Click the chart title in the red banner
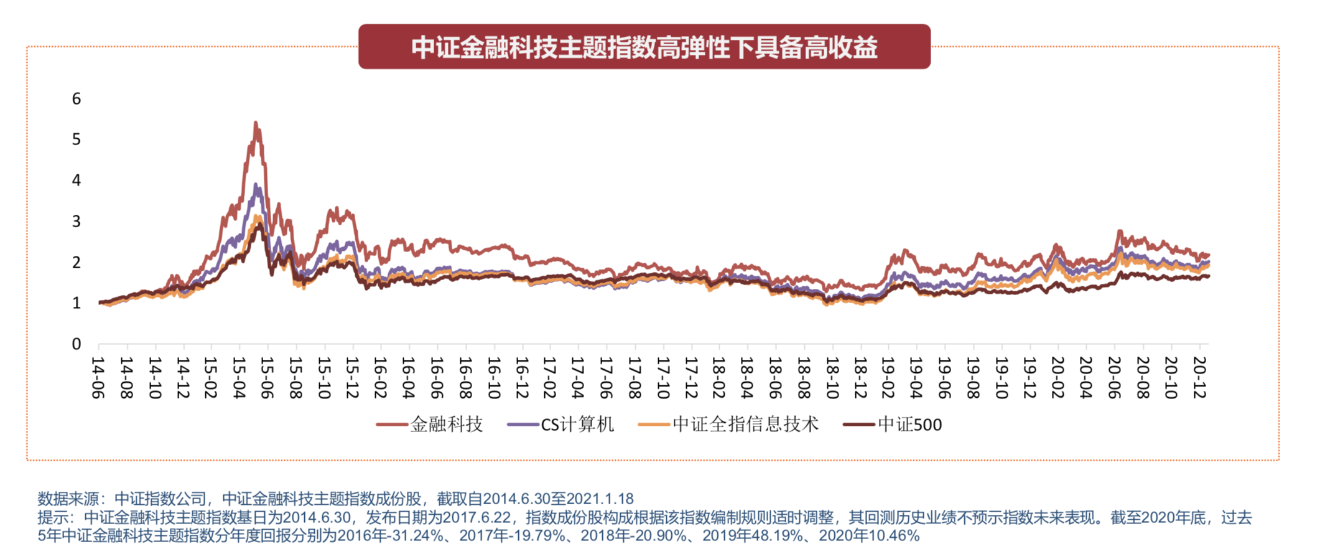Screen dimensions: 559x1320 coord(644,47)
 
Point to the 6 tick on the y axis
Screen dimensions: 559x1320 coord(77,98)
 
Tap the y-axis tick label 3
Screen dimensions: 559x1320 coord(77,221)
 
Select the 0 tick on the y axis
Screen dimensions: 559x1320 coord(77,344)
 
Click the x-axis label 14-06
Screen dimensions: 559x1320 coord(98,377)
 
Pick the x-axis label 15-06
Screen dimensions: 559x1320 coord(267,377)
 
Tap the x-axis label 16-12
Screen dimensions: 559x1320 coord(522,377)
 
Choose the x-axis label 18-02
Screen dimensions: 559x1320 coord(720,377)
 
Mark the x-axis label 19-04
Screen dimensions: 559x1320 coord(917,377)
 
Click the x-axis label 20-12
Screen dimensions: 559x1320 coord(1199,377)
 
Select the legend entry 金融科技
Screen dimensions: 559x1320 coord(446,425)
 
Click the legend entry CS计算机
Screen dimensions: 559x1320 coord(577,425)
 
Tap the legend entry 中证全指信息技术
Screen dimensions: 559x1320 coord(745,425)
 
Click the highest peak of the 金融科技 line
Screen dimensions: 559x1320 coord(256,123)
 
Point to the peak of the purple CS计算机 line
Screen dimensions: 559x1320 coord(256,184)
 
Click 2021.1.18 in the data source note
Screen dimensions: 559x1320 coord(600,499)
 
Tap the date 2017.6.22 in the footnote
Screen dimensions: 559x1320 coord(479,517)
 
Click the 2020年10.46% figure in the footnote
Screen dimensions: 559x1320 coord(869,535)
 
